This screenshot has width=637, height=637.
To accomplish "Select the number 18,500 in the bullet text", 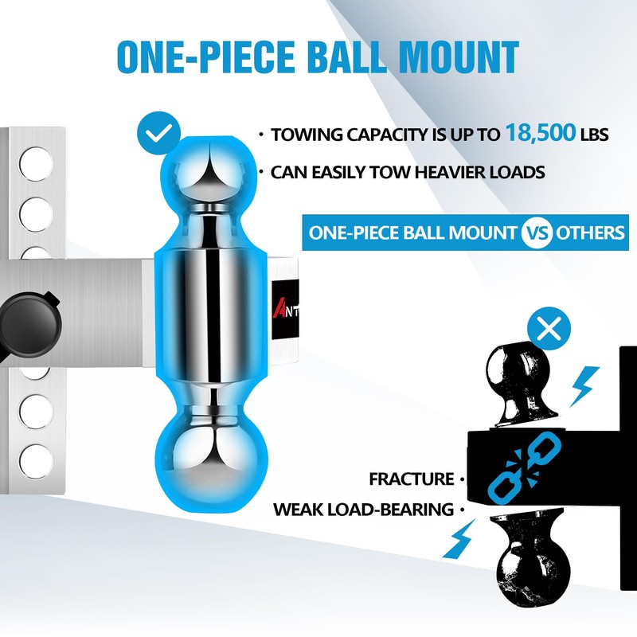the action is tap(540, 133).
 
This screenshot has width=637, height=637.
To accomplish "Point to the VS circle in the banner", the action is tap(536, 233).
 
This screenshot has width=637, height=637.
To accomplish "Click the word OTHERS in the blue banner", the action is tap(590, 233).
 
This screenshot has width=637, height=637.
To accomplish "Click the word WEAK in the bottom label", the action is tap(297, 509).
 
